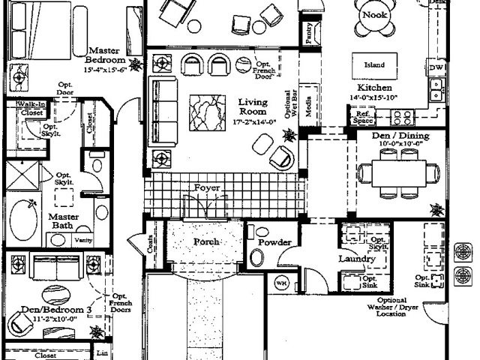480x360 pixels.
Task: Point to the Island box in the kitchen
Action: pos(374,65)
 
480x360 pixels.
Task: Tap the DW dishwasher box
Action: pos(436,67)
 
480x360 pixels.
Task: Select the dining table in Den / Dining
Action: pos(397,172)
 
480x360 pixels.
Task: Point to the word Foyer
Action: pos(206,187)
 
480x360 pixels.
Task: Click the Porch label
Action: pos(206,241)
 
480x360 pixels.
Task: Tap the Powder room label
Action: pos(274,242)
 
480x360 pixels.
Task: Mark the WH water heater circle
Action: pos(282,283)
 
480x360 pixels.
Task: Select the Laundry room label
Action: pos(356,259)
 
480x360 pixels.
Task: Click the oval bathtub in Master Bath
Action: pos(26,215)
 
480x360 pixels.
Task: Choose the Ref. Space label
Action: pos(362,116)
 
